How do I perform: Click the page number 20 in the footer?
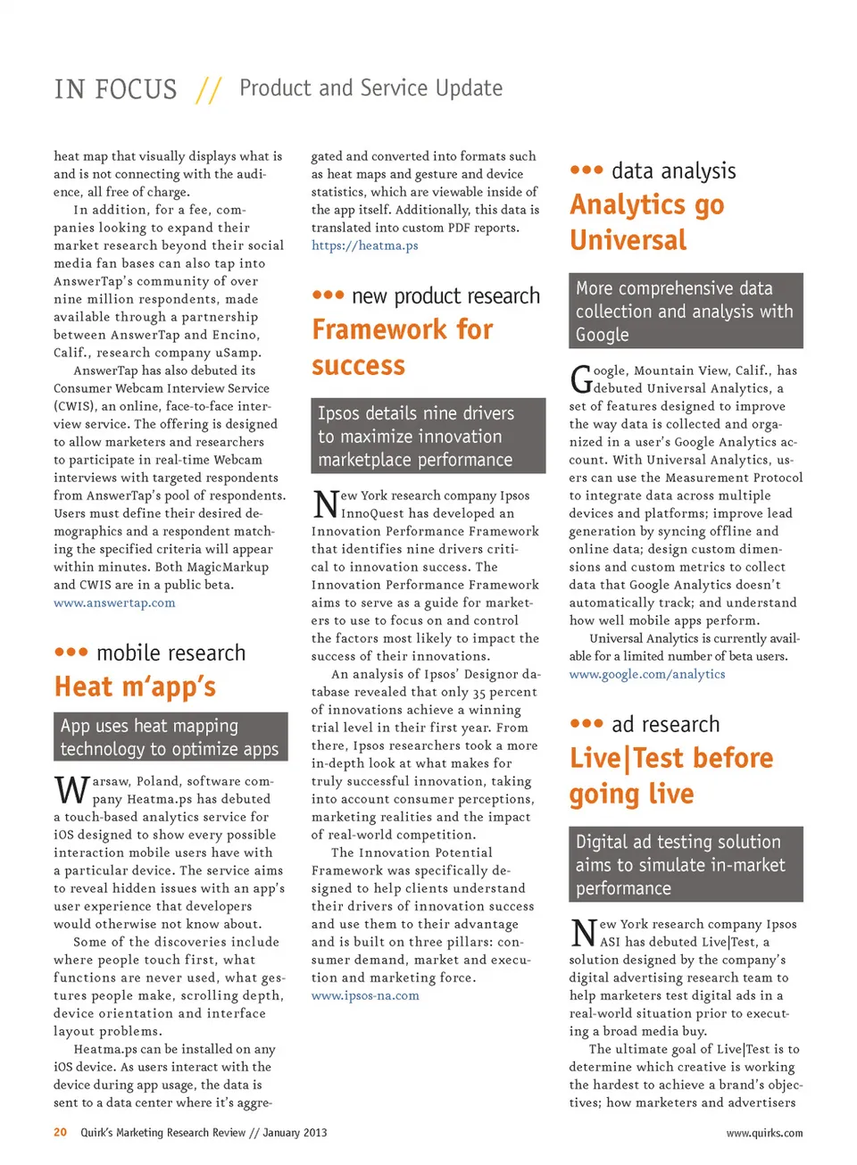tap(60, 1132)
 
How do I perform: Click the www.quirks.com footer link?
tap(763, 1133)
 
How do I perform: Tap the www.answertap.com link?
tap(114, 603)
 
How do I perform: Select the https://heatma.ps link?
tap(364, 245)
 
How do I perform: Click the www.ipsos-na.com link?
tap(365, 995)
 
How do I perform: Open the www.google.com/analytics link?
tap(647, 674)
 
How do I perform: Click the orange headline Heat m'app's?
tap(135, 687)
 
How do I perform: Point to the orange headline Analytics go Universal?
tap(646, 222)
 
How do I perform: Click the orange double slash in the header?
tap(209, 89)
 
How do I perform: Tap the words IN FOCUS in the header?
tap(115, 89)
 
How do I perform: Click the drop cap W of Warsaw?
tap(71, 790)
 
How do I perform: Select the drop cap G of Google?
tap(581, 379)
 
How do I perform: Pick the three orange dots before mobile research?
tap(71, 653)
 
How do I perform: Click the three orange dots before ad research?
tap(587, 723)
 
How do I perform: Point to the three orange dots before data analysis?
tap(587, 170)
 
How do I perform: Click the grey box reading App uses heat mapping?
tap(171, 736)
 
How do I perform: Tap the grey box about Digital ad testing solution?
tap(686, 864)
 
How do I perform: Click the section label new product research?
tap(445, 295)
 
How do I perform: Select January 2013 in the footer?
tap(295, 1132)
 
